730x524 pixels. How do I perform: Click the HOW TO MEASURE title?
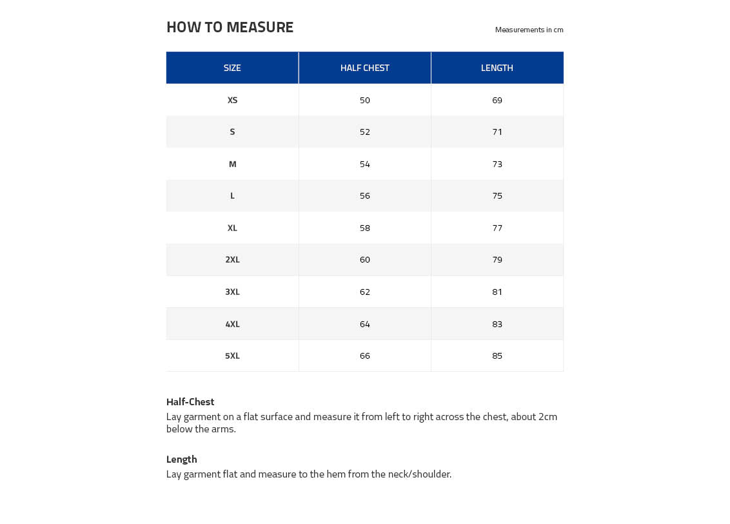(x=230, y=27)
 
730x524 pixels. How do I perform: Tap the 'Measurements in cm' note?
(x=529, y=30)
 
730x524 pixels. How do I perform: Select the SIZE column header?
(x=232, y=68)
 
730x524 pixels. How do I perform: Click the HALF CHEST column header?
(x=364, y=68)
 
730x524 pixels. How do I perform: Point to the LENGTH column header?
(x=497, y=68)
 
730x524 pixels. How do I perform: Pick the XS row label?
(x=232, y=100)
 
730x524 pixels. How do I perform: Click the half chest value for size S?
(x=365, y=132)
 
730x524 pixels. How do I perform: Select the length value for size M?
(x=497, y=164)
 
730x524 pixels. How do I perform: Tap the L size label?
(x=232, y=196)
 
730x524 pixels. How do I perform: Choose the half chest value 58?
(x=365, y=228)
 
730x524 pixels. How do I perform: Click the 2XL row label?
(x=232, y=259)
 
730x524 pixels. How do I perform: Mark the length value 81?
(x=497, y=292)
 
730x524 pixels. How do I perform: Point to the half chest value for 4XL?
(x=365, y=324)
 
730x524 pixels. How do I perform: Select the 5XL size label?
(x=232, y=356)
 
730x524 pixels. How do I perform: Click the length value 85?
(x=497, y=356)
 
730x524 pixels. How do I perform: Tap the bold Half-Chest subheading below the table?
(x=190, y=401)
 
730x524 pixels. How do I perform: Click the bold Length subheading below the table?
(x=181, y=459)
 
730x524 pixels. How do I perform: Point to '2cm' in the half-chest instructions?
(x=547, y=416)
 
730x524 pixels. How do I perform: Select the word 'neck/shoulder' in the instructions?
(x=419, y=474)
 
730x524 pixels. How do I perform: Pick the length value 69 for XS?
(x=497, y=100)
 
